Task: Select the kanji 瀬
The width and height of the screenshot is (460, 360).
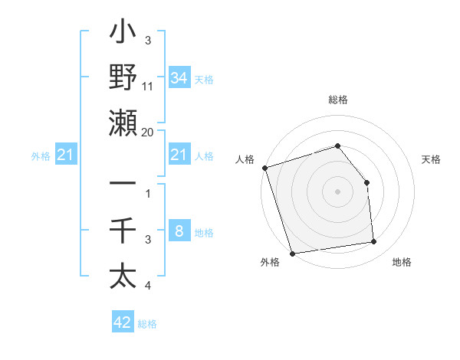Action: pos(123,123)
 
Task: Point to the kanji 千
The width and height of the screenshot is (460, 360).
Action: pos(123,231)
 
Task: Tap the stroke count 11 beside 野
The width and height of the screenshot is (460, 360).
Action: pos(148,87)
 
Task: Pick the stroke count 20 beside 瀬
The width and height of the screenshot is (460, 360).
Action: pos(148,132)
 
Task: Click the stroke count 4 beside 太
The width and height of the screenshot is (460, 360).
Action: pos(148,286)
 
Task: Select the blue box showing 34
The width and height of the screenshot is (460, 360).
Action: pos(179,77)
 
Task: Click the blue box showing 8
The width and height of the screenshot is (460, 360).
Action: pos(179,231)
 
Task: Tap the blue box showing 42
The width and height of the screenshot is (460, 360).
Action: pos(123,322)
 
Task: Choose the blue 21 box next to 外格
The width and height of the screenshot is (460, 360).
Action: pos(66,155)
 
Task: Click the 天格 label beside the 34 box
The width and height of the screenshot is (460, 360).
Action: pos(204,79)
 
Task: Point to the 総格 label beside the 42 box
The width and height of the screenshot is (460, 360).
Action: pos(147,324)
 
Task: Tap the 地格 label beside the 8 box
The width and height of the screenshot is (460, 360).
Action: pos(204,233)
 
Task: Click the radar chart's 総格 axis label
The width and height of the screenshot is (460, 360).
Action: pos(337,100)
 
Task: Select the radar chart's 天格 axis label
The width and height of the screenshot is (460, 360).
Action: pos(431,159)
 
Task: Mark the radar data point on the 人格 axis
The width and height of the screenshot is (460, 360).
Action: pos(264,168)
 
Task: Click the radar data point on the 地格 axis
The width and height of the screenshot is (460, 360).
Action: pos(374,242)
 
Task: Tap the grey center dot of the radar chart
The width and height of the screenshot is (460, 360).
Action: pos(337,191)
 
